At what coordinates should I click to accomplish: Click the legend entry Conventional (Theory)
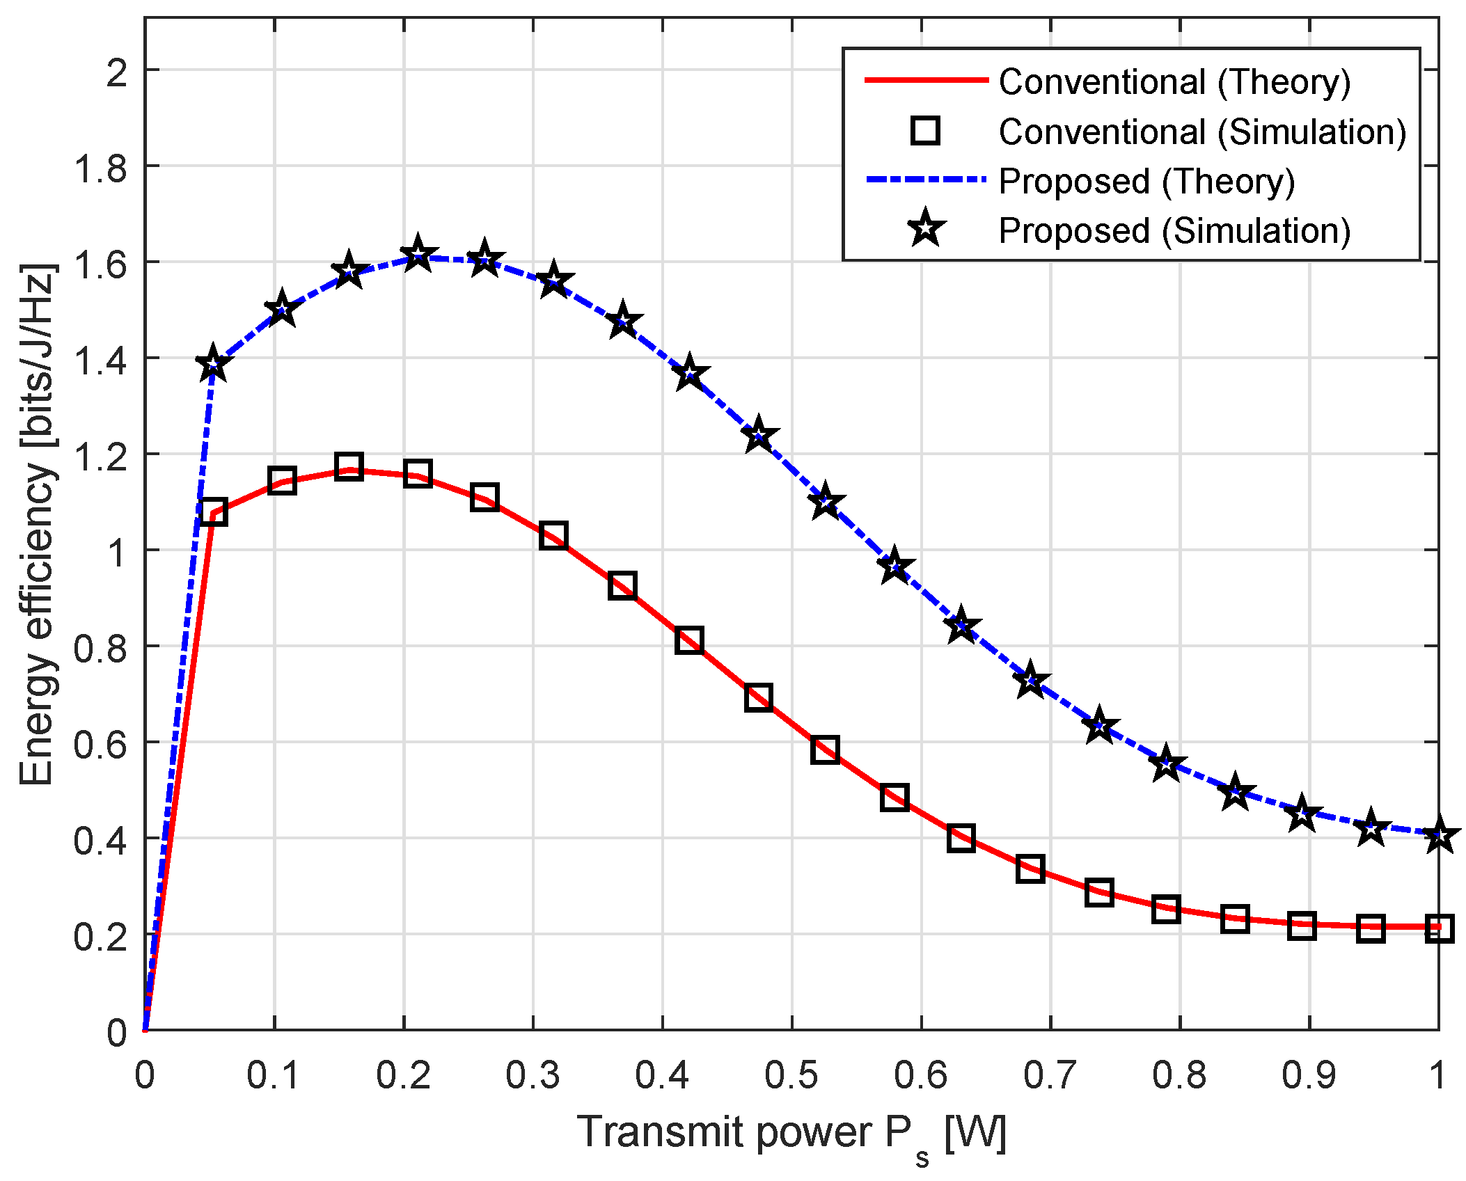(1174, 82)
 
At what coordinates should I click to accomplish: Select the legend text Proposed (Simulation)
(1174, 231)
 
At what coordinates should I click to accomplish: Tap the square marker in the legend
(925, 131)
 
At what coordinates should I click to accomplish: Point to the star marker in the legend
(926, 228)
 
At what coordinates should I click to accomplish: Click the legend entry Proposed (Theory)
(1146, 182)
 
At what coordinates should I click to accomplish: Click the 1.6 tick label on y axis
(102, 264)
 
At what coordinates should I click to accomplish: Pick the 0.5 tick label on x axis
(791, 1075)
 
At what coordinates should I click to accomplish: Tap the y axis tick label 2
(117, 72)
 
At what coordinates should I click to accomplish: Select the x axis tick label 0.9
(1309, 1075)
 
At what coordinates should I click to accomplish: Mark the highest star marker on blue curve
(418, 255)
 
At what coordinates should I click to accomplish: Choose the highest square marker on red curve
(349, 466)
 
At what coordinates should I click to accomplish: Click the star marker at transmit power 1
(1438, 835)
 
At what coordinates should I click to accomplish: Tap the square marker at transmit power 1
(1438, 928)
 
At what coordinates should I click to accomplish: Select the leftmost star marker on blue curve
(213, 364)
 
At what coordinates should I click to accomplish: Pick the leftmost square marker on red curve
(213, 512)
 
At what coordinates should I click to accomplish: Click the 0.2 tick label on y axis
(102, 936)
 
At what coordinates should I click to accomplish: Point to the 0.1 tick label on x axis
(274, 1075)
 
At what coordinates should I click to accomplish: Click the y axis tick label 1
(117, 552)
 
